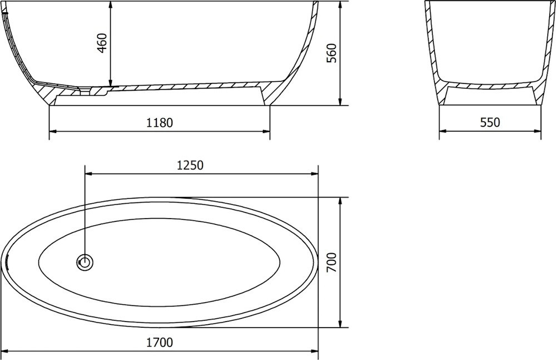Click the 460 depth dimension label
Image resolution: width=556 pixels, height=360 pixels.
102,43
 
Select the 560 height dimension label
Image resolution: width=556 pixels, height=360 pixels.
331,53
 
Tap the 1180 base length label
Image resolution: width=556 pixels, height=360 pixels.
160,122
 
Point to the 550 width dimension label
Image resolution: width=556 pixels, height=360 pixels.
490,122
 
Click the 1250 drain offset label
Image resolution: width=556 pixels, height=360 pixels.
190,165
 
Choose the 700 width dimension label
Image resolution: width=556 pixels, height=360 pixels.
331,263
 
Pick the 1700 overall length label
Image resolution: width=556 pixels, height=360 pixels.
160,343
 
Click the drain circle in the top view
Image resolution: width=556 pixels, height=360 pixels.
85,263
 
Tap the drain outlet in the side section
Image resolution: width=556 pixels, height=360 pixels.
85,91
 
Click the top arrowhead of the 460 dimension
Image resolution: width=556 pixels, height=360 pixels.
111,5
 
